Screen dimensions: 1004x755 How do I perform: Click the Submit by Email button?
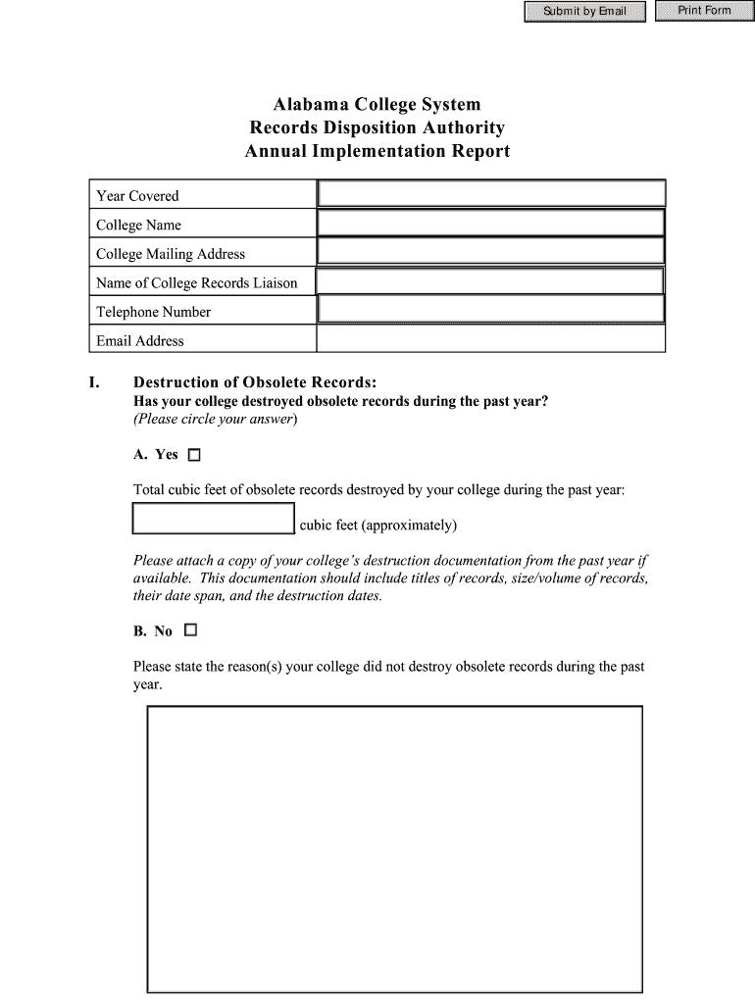coord(585,12)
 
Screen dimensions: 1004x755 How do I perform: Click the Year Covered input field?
coord(491,194)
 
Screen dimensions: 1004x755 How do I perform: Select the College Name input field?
coord(491,224)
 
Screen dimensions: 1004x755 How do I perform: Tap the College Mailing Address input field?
coord(491,253)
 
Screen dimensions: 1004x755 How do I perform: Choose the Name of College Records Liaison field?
coord(491,282)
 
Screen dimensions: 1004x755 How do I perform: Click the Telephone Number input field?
coord(491,311)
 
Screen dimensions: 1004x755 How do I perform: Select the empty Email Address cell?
coord(491,340)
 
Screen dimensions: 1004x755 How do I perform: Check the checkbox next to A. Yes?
coord(193,455)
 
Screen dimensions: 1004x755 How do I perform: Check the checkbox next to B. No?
coord(190,630)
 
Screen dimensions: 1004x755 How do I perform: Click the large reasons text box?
coord(394,849)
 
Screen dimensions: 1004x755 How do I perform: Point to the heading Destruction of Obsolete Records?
coord(255,382)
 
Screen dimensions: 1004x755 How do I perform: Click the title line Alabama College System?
coord(377,104)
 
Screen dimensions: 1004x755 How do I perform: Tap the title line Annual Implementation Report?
coord(377,152)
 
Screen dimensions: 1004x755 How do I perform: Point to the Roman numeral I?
coord(94,382)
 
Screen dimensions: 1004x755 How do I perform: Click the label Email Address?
coord(140,341)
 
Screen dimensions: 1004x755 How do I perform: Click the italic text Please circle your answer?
coord(215,420)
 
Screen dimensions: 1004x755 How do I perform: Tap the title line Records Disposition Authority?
coord(377,128)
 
